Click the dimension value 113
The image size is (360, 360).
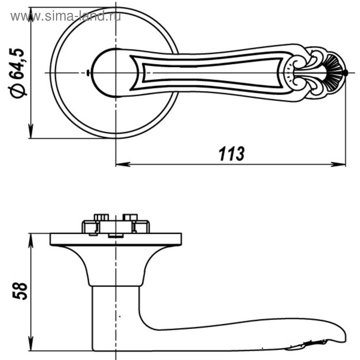(x=231, y=154)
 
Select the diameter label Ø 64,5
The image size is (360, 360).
(x=16, y=73)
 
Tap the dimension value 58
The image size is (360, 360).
(x=20, y=291)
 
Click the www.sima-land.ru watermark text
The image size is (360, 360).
(x=66, y=16)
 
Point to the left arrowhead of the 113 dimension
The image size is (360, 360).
(x=123, y=164)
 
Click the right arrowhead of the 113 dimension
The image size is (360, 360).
(x=338, y=164)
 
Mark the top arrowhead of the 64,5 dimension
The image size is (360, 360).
(x=31, y=15)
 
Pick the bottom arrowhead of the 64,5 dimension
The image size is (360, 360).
(x=31, y=131)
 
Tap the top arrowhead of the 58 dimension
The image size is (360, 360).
(x=31, y=241)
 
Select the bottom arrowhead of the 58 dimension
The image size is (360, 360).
(x=31, y=344)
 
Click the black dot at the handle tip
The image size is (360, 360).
(x=346, y=73)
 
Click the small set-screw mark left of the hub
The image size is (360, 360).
(x=88, y=73)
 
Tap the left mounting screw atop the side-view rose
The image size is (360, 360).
(x=101, y=217)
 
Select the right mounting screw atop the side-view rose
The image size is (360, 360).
(x=130, y=217)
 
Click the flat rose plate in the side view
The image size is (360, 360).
(x=116, y=240)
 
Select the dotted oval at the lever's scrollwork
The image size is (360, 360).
(x=289, y=73)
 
